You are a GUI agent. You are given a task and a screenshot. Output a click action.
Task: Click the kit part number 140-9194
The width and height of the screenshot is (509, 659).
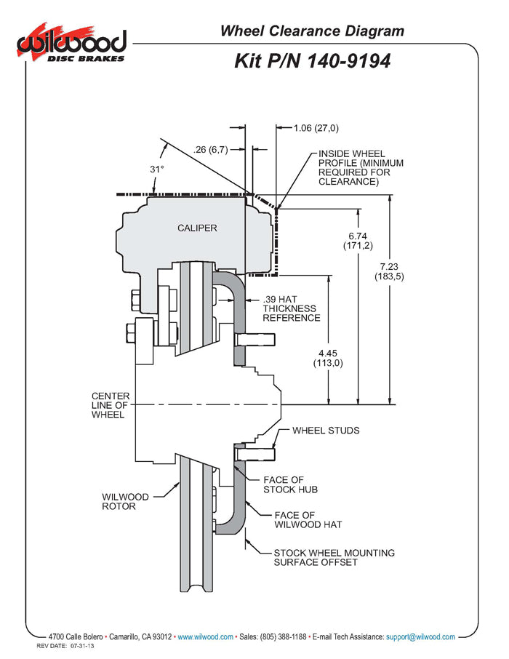[x=312, y=60]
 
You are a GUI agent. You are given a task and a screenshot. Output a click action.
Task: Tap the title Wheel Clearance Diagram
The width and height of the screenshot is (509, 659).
[x=311, y=31]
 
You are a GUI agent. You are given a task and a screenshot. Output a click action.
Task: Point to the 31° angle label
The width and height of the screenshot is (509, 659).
[x=157, y=169]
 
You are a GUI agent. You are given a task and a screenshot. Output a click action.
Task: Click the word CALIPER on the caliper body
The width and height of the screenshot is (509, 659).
[x=197, y=228]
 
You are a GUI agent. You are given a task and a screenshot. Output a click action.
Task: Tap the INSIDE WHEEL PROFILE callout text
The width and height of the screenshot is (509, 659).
[x=360, y=168]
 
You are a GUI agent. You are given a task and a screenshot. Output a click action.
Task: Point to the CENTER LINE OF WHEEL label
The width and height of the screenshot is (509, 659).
[x=111, y=405]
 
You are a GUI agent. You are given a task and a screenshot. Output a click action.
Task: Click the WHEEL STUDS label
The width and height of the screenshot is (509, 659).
[x=326, y=431]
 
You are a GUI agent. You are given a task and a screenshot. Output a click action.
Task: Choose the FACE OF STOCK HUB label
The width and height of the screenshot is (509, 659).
[x=284, y=484]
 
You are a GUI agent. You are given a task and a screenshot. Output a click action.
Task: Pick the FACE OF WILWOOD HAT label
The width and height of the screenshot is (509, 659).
[x=308, y=519]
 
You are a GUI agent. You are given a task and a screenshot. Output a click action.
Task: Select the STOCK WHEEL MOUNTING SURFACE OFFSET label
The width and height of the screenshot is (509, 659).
[x=334, y=557]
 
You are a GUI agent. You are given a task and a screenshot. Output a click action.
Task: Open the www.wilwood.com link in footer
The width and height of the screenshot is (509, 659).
[x=206, y=636]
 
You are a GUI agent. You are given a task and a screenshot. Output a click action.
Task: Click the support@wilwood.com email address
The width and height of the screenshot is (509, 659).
[x=420, y=636]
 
